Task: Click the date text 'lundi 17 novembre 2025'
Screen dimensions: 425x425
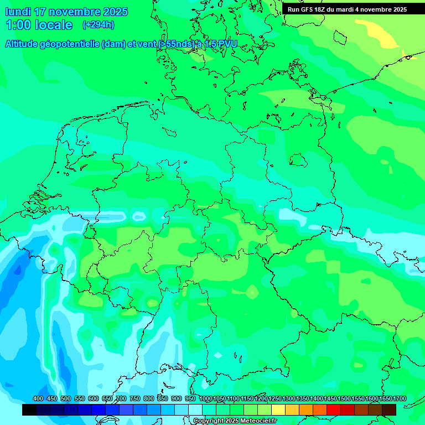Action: click(66, 12)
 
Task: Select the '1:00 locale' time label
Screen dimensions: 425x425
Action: click(39, 25)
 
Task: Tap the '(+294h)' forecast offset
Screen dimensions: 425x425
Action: click(99, 24)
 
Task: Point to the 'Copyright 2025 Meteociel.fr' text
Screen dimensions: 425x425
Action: click(235, 421)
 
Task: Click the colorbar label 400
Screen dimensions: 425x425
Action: click(38, 399)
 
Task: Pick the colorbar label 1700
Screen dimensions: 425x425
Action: click(400, 399)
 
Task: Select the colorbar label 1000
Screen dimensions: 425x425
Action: click(206, 399)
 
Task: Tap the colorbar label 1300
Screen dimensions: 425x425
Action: click(289, 399)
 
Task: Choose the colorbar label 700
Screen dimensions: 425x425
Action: click(121, 399)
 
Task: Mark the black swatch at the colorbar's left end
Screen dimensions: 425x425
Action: click(29, 410)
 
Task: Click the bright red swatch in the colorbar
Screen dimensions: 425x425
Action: click(334, 410)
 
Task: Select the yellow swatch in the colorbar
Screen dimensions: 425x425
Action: click(278, 410)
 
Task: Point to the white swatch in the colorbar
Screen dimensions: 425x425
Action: click(195, 410)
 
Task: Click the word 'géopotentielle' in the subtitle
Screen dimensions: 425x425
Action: click(70, 44)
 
